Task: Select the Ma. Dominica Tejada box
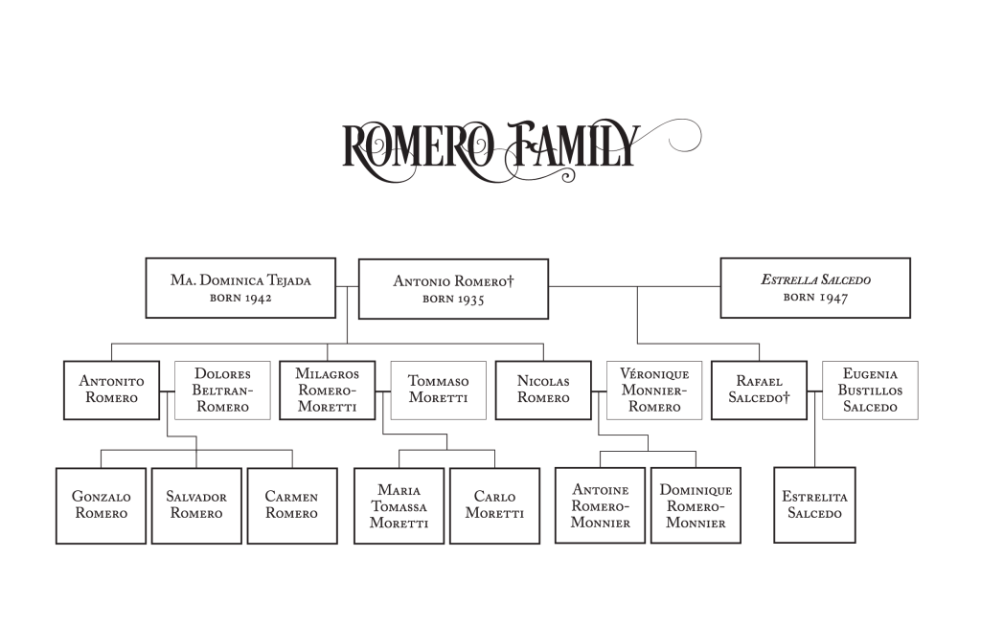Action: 240,287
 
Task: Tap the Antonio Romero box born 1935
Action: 453,288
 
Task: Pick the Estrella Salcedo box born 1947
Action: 815,287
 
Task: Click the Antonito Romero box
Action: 111,390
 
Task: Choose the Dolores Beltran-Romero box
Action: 222,390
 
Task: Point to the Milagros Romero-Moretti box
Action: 327,390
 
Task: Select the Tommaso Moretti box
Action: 438,390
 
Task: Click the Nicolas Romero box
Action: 543,390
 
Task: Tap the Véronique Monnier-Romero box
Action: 654,390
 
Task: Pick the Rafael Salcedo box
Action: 759,390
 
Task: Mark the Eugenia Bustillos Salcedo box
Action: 870,390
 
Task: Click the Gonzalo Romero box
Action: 101,505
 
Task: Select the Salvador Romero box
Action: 196,505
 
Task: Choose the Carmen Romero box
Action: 292,505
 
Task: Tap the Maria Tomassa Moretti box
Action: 399,505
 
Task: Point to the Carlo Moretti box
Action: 494,505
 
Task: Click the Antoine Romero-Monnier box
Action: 600,505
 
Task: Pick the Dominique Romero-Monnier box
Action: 696,505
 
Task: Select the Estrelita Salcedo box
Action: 814,505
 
